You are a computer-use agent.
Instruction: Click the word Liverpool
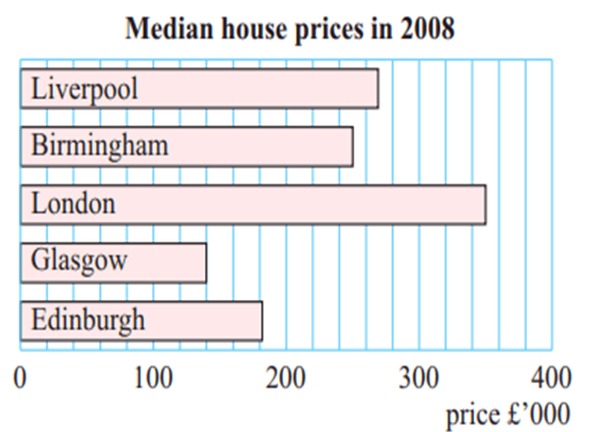click(84, 89)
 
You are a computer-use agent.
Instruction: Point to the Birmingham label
click(100, 147)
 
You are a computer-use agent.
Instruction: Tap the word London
click(73, 203)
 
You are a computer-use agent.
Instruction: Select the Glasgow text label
click(79, 262)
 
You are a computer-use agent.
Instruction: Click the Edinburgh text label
click(88, 321)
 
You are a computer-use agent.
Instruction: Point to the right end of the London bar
click(484, 203)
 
